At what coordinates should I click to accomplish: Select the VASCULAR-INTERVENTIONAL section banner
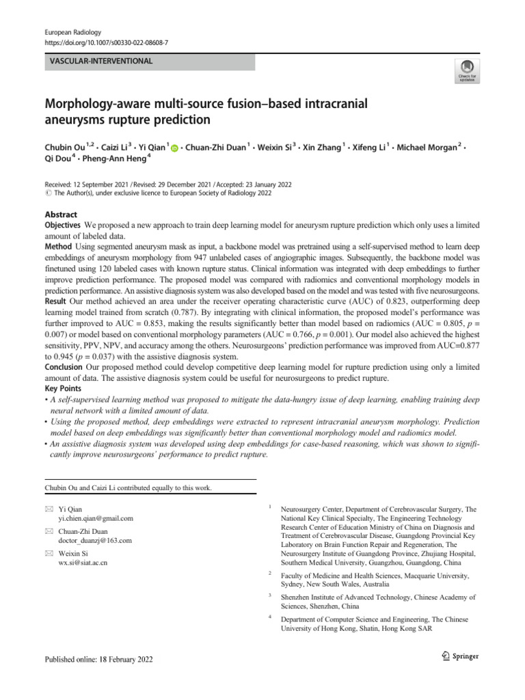coord(149,62)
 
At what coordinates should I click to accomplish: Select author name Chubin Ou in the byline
coord(65,149)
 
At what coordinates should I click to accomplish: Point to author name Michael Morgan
coord(428,149)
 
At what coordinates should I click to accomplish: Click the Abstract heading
coord(61,214)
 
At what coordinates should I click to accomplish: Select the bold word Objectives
coord(63,224)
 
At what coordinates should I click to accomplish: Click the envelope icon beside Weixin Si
coord(49,552)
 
